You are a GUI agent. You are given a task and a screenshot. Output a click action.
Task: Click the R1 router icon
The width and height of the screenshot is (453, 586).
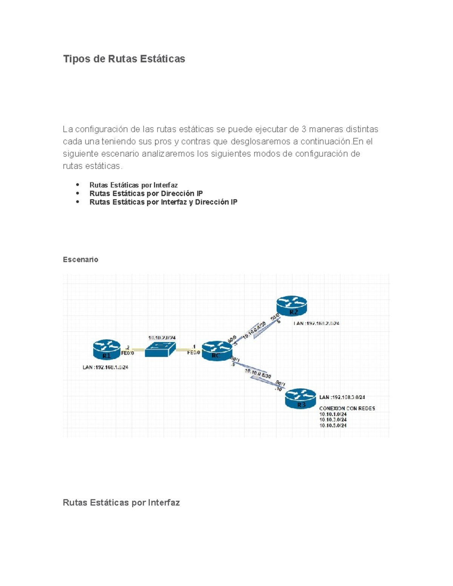tap(107, 350)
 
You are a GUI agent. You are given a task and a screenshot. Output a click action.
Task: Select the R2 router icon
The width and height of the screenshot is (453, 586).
tap(291, 305)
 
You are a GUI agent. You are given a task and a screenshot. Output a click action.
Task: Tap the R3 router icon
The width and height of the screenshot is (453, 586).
tap(300, 398)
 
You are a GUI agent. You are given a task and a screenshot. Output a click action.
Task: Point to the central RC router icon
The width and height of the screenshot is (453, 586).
tap(216, 351)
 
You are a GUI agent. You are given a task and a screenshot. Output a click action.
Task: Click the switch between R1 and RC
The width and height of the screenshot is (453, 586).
tap(160, 350)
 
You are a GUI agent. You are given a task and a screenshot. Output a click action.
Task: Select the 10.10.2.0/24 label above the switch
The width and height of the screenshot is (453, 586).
tap(162, 338)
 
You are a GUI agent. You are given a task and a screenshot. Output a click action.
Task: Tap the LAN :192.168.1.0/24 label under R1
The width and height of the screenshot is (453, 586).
tap(105, 367)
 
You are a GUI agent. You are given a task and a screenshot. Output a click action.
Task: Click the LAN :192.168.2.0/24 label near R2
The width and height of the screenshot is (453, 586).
tap(316, 323)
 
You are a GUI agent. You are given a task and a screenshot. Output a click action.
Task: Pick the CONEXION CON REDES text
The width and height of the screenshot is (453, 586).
tap(347, 408)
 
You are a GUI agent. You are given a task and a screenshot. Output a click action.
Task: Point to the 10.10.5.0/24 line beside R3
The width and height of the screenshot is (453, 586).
tap(333, 425)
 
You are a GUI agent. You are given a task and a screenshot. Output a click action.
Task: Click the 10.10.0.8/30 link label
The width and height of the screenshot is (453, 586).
tap(258, 374)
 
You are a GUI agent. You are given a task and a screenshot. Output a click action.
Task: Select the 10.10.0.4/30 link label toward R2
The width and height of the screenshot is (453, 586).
tap(254, 329)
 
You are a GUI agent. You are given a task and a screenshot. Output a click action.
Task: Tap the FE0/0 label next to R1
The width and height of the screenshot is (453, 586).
tap(127, 353)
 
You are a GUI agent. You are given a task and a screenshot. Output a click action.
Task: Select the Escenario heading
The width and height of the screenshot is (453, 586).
tap(80, 260)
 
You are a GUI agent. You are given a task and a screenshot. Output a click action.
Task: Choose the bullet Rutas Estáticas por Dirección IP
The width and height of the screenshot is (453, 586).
tap(146, 194)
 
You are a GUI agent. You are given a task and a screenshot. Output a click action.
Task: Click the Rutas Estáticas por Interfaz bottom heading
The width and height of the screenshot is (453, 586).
tap(121, 503)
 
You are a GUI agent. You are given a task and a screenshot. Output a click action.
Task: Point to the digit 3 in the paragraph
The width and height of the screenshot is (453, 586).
tap(304, 129)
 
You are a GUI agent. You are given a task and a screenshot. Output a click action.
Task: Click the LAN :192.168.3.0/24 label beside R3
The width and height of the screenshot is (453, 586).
tap(342, 397)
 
